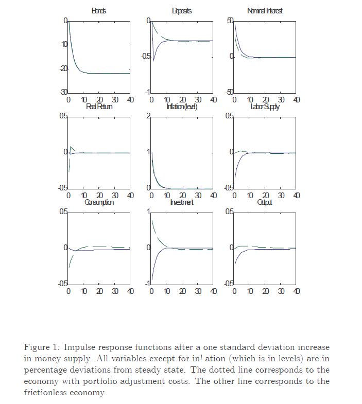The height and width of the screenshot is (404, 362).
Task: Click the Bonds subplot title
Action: [x=98, y=11]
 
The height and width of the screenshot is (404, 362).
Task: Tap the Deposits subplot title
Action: [x=182, y=11]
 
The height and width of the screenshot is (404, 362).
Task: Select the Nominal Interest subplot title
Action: [x=265, y=11]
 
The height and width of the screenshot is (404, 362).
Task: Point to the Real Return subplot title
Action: [x=99, y=107]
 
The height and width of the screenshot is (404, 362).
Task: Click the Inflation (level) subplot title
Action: [x=182, y=107]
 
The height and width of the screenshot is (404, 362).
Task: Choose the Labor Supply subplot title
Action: [x=265, y=107]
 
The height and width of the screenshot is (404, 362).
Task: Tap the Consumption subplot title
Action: [x=99, y=202]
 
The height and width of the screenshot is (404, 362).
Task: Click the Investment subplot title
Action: [x=182, y=202]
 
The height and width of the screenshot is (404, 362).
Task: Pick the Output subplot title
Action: [x=265, y=202]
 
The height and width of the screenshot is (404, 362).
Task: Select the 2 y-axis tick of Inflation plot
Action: [x=148, y=116]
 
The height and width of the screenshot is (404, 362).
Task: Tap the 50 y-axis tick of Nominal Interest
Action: [x=230, y=20]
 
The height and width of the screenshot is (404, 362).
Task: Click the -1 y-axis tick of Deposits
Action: [x=147, y=92]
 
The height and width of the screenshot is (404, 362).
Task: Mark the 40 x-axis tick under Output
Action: [x=296, y=291]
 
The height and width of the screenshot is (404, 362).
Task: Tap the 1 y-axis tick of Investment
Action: [x=148, y=212]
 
